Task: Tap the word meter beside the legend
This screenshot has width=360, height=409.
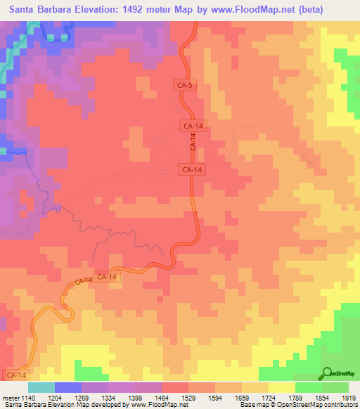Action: [x=10, y=397]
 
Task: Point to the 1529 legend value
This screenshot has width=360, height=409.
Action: [x=190, y=397]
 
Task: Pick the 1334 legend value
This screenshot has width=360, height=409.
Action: [x=109, y=397]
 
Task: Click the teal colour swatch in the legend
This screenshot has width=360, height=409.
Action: [x=41, y=387]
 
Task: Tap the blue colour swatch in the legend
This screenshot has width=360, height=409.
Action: [x=68, y=387]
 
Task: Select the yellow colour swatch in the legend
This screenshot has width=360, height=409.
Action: [x=282, y=387]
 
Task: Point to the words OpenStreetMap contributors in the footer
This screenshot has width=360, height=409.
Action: [x=322, y=405]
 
